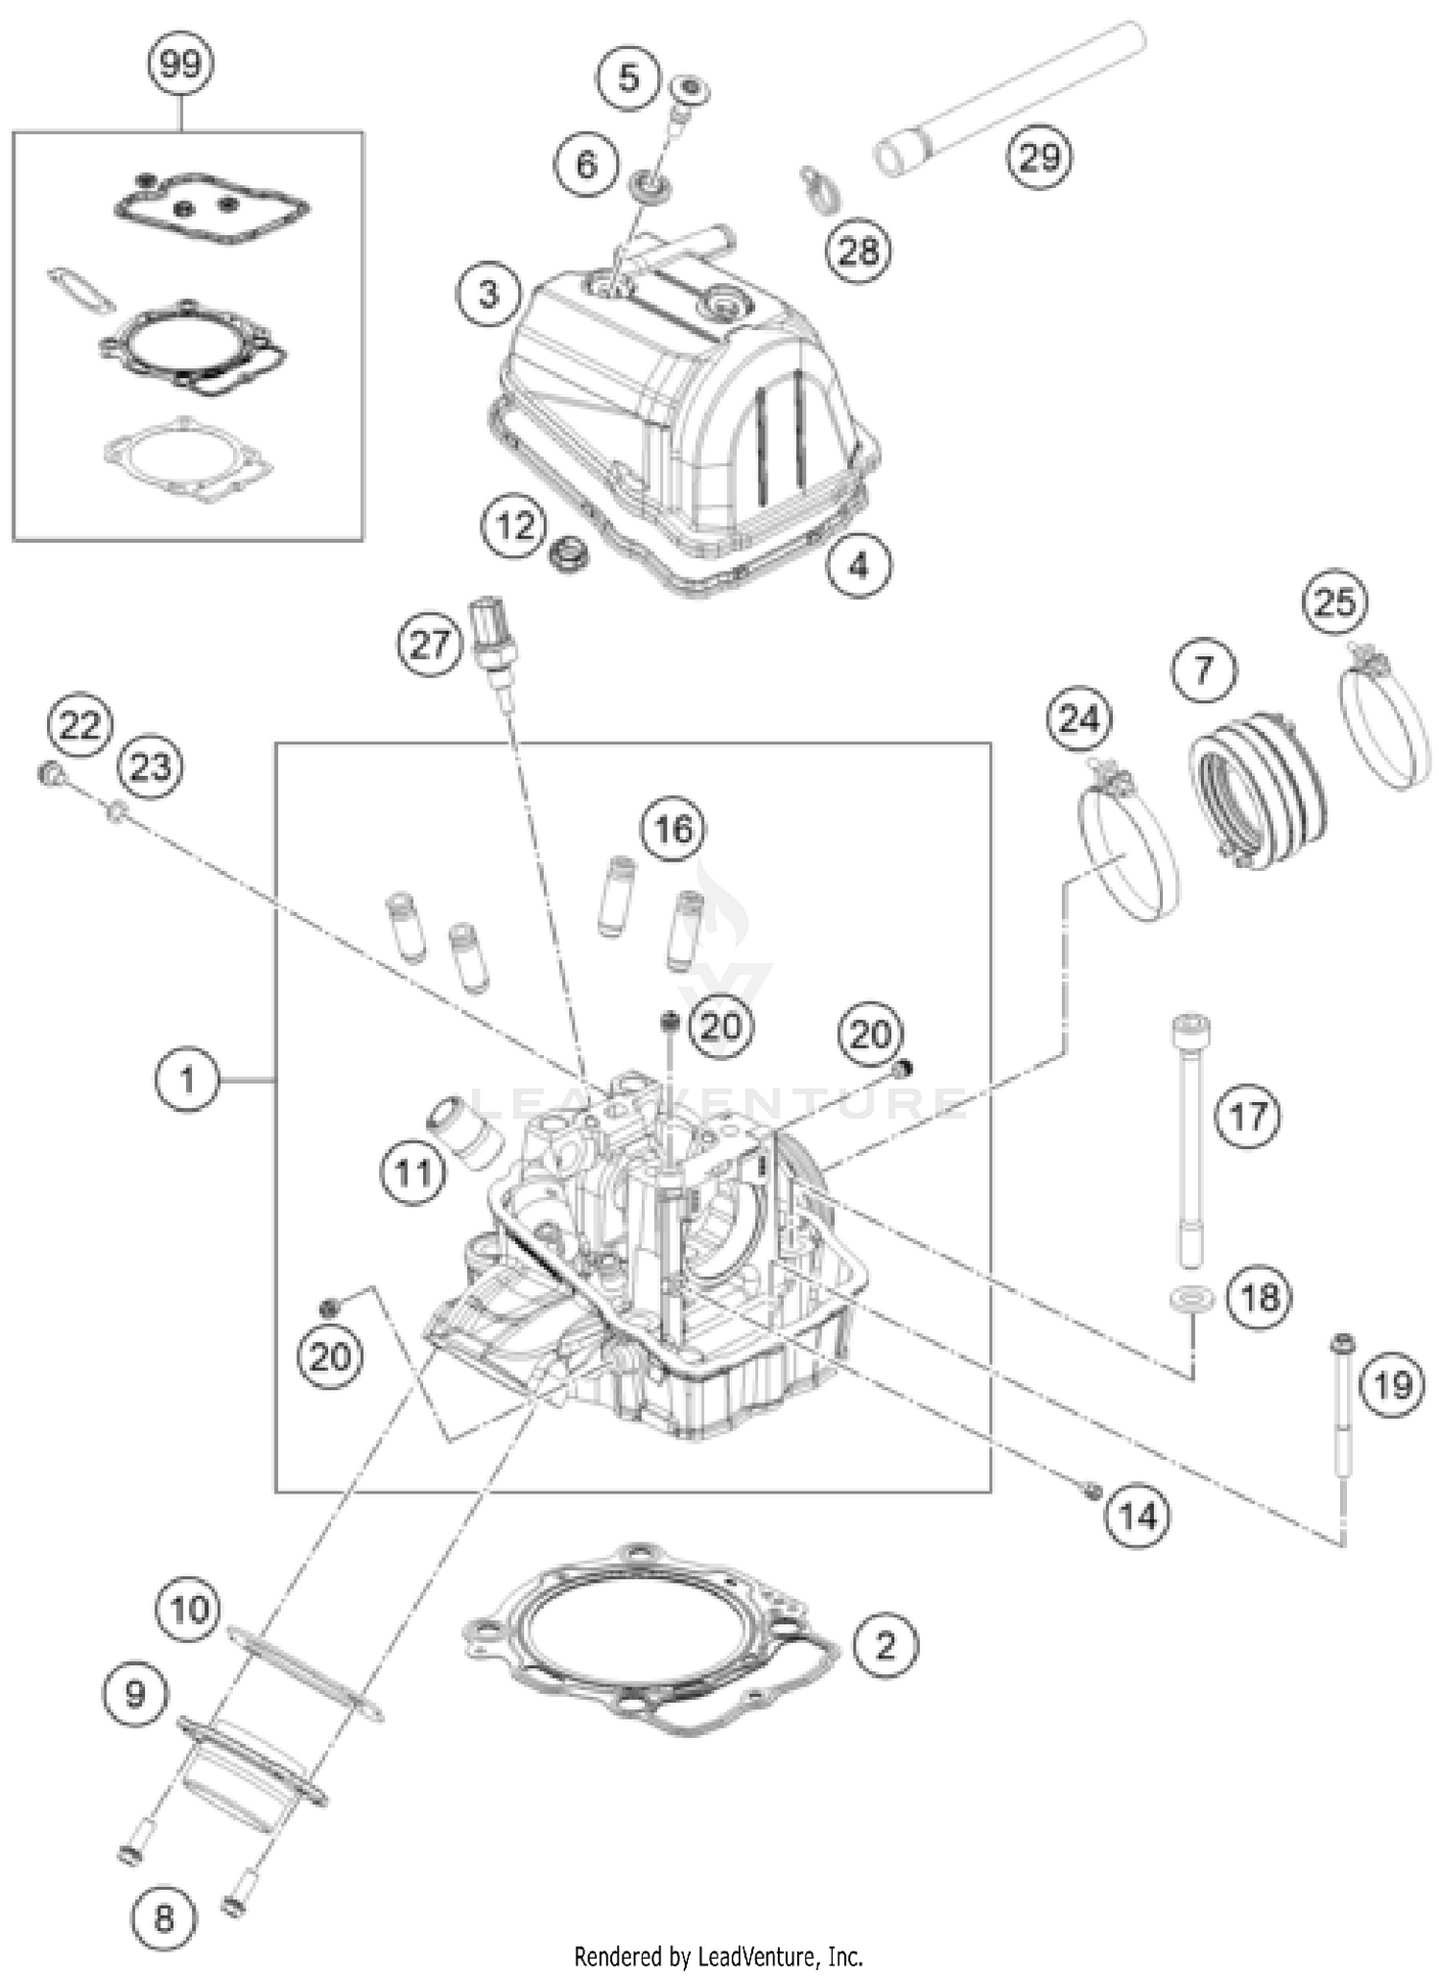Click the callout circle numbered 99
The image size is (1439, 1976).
180,64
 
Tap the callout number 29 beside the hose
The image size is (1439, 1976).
1040,156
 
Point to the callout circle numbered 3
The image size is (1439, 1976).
488,294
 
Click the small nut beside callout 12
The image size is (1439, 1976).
569,555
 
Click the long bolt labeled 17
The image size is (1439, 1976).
1191,1141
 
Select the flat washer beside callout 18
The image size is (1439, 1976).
1191,1300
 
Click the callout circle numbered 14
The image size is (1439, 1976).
1138,1517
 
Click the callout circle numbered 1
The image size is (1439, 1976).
186,1080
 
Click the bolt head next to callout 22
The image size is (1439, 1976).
50,772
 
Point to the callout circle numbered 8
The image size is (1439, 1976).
164,1918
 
